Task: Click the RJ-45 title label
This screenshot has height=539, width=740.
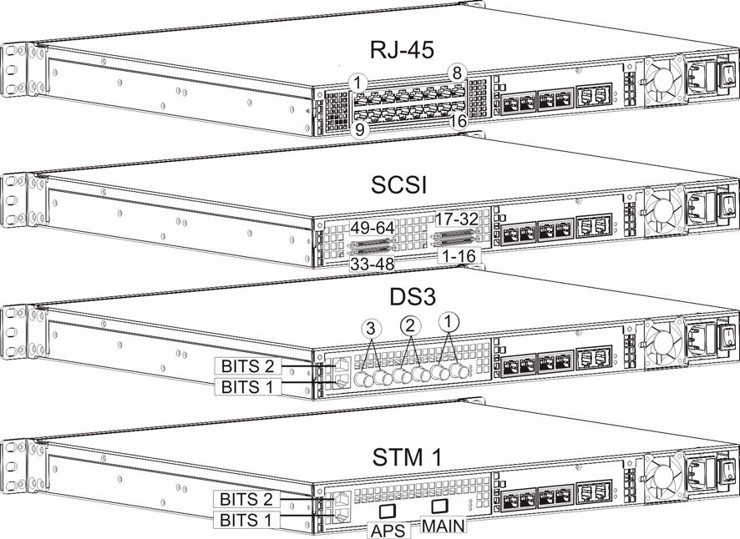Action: pyautogui.click(x=402, y=49)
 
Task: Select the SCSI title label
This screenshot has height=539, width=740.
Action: pyautogui.click(x=398, y=185)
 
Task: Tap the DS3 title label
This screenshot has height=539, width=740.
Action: pyautogui.click(x=413, y=296)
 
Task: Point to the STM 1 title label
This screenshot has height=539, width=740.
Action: pyautogui.click(x=408, y=457)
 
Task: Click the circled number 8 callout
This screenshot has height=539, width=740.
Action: pyautogui.click(x=457, y=73)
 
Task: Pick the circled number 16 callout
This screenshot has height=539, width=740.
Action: pyautogui.click(x=458, y=121)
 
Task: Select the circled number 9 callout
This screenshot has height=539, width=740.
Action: pyautogui.click(x=360, y=129)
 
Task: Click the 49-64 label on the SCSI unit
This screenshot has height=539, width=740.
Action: pyautogui.click(x=373, y=228)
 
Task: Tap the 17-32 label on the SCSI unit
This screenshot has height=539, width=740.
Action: pyautogui.click(x=456, y=219)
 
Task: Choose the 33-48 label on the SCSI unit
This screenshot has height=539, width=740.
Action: pyautogui.click(x=373, y=264)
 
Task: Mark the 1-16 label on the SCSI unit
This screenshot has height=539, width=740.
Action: pyautogui.click(x=458, y=256)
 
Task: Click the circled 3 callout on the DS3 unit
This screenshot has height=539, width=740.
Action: pyautogui.click(x=371, y=327)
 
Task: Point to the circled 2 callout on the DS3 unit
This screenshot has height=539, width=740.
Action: pyautogui.click(x=410, y=325)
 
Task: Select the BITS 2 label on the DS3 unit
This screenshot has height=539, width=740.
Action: pyautogui.click(x=247, y=365)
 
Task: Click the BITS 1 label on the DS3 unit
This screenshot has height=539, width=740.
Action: pyautogui.click(x=247, y=386)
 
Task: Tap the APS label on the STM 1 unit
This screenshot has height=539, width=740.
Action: pyautogui.click(x=388, y=531)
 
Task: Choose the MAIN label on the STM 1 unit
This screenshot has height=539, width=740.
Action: pyautogui.click(x=443, y=525)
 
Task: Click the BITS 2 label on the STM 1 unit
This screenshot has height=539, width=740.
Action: pyautogui.click(x=246, y=499)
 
